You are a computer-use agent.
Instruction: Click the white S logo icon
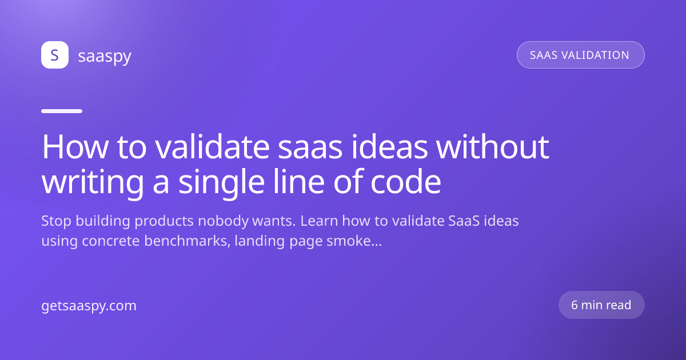pyautogui.click(x=55, y=55)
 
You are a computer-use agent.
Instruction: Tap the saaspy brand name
pyautogui.click(x=105, y=56)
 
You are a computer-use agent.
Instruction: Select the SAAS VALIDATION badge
pyautogui.click(x=581, y=55)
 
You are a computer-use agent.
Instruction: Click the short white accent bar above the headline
pyautogui.click(x=62, y=111)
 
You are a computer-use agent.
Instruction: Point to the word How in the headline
pyautogui.click(x=75, y=147)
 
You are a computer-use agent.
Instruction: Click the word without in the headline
pyautogui.click(x=492, y=147)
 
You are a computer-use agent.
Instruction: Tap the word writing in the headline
pyautogui.click(x=93, y=183)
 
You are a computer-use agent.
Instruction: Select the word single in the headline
pyautogui.click(x=221, y=183)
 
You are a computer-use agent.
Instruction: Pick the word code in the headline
pyautogui.click(x=406, y=182)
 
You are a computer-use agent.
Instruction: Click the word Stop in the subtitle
pyautogui.click(x=57, y=221)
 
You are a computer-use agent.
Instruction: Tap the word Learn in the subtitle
pyautogui.click(x=319, y=221)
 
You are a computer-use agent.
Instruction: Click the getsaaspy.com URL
pyautogui.click(x=89, y=306)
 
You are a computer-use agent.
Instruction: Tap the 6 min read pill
pyautogui.click(x=601, y=305)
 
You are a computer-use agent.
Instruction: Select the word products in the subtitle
pyautogui.click(x=164, y=221)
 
